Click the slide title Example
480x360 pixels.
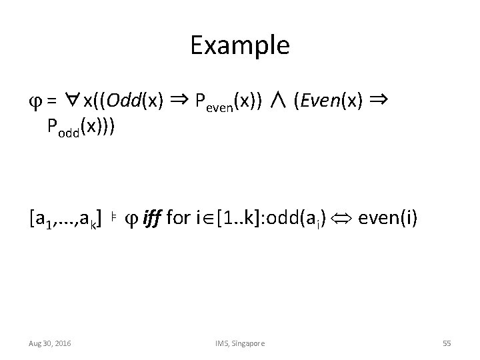pyautogui.click(x=239, y=45)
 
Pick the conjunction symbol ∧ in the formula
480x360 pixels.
pyautogui.click(x=279, y=101)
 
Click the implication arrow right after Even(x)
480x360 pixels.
pyautogui.click(x=378, y=100)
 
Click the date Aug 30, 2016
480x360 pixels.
pyautogui.click(x=50, y=343)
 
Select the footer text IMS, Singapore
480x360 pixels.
pyautogui.click(x=239, y=343)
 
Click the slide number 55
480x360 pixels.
pyautogui.click(x=447, y=343)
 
